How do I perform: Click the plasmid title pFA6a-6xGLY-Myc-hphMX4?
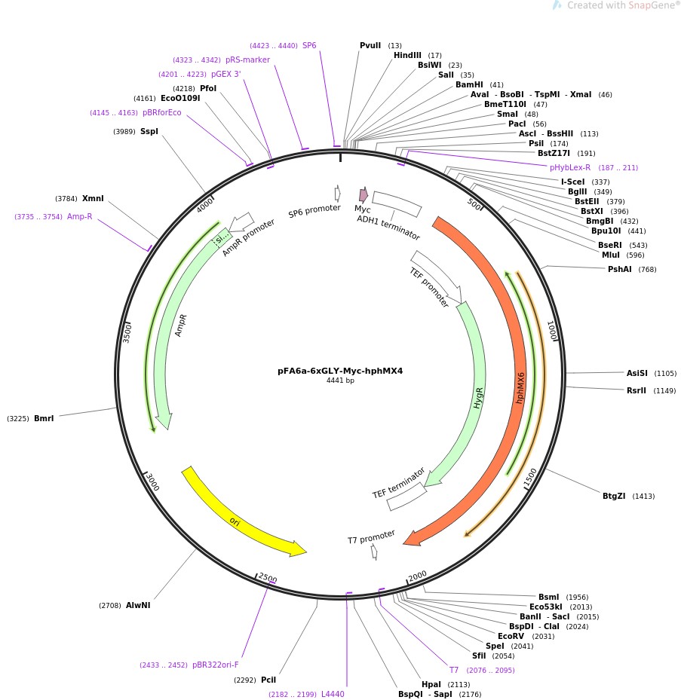(340, 371)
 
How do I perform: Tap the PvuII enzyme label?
(370, 46)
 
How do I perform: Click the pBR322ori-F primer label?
(215, 665)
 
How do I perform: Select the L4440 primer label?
(333, 694)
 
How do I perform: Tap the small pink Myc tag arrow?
(364, 194)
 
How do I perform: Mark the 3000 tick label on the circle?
(152, 482)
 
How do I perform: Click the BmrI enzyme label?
(44, 418)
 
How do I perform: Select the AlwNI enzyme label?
(138, 605)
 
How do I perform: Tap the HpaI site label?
(431, 684)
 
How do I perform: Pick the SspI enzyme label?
(149, 132)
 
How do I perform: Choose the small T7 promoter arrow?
(374, 552)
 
